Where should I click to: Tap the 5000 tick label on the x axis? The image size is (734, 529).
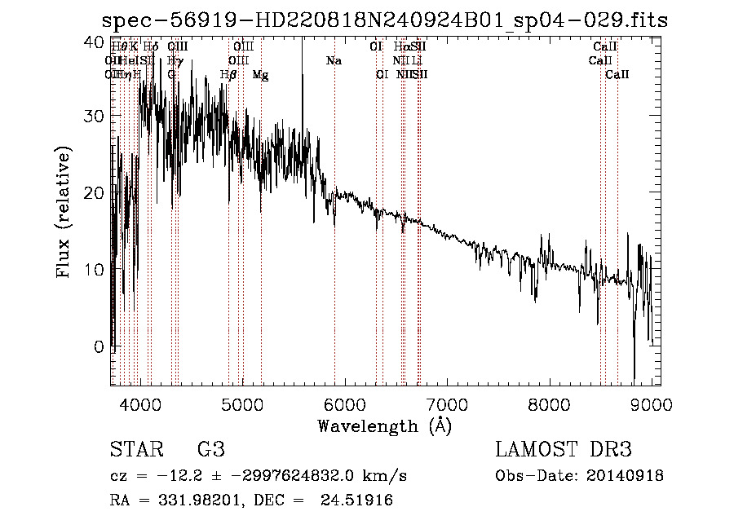click(242, 405)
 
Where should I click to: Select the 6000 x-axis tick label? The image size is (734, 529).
click(345, 405)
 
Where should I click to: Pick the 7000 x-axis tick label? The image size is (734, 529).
click(447, 405)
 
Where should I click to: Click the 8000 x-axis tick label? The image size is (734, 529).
click(550, 405)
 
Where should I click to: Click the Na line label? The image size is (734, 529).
click(334, 61)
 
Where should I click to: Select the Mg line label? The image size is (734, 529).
click(260, 75)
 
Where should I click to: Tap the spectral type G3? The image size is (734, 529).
click(211, 451)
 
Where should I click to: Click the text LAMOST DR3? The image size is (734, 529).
click(564, 451)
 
